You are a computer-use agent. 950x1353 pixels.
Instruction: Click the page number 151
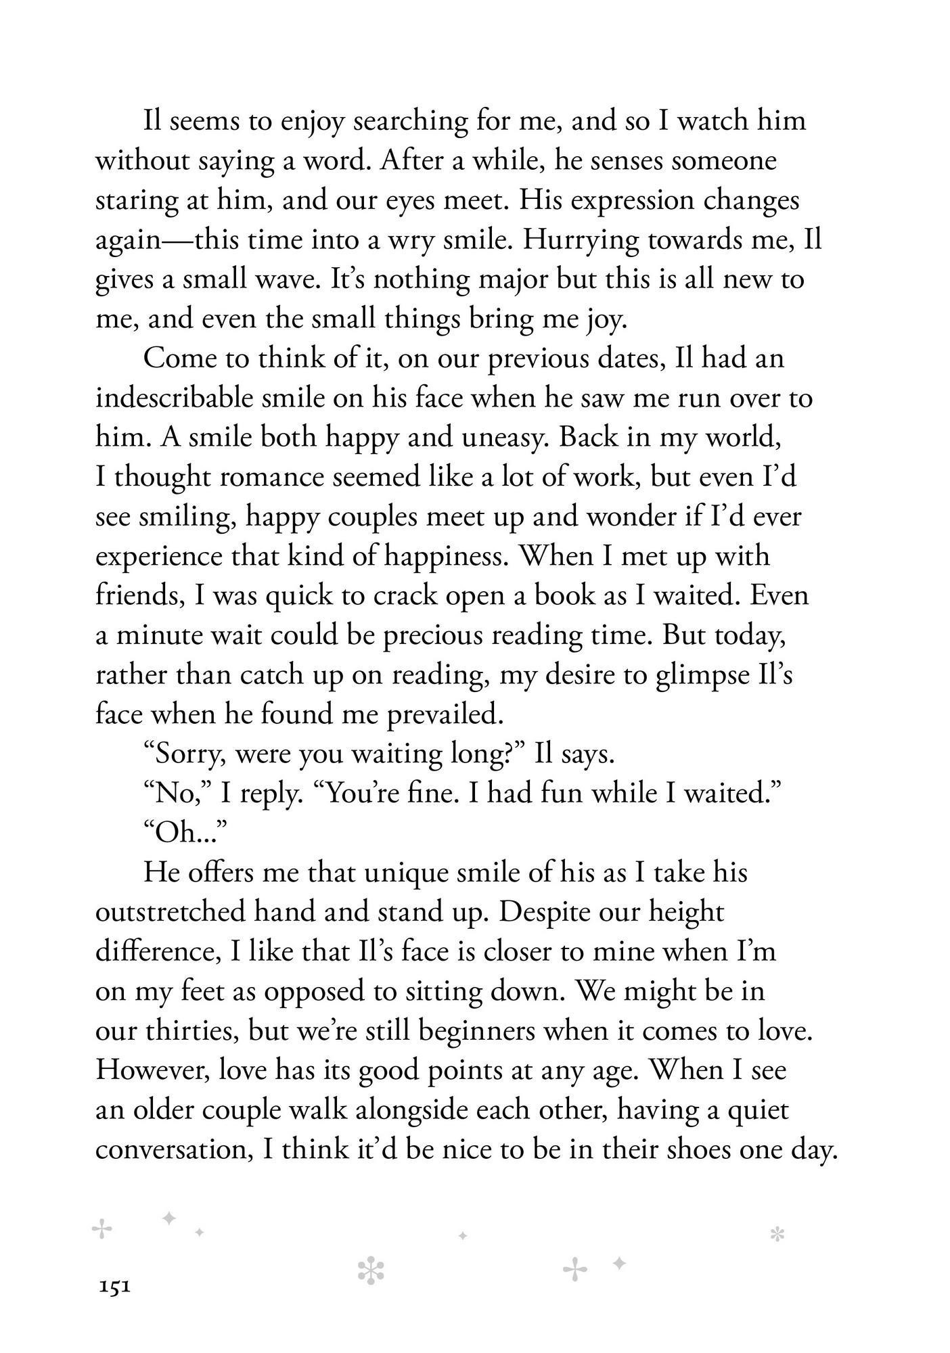(x=114, y=1287)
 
